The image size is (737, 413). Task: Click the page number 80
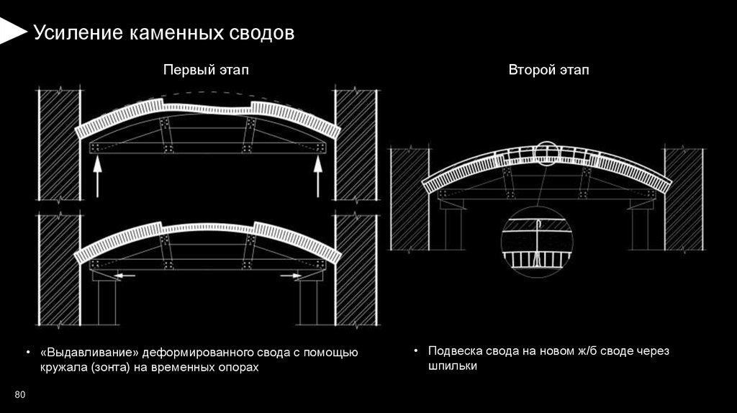point(19,394)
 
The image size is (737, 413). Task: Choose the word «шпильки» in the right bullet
point(452,366)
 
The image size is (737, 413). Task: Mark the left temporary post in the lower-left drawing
point(107,302)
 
